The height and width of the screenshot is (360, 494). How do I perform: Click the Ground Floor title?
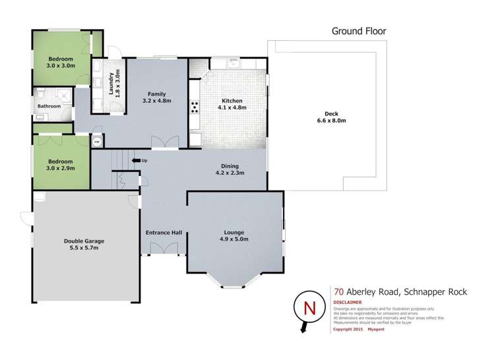click(358, 30)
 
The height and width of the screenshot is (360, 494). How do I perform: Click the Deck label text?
click(323, 117)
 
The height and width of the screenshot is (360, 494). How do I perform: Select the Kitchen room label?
click(232, 105)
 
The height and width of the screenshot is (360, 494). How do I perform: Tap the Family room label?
click(156, 98)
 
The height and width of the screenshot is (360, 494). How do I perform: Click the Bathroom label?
click(49, 106)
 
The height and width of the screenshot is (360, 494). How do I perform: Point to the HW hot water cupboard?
click(96, 141)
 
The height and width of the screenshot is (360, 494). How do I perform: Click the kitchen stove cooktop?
click(196, 107)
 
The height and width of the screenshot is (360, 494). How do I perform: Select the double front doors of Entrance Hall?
click(164, 247)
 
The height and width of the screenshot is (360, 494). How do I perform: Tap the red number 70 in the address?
click(338, 288)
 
